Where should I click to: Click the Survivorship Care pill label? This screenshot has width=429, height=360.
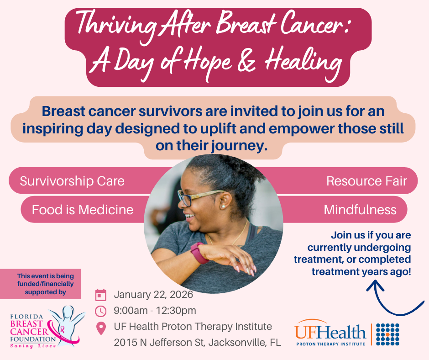[72, 181]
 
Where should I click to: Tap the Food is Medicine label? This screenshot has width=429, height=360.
[83, 210]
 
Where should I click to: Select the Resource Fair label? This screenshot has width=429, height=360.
[366, 181]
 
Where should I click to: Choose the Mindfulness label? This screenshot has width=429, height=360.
[360, 210]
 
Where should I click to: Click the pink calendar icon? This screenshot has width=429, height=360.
[101, 295]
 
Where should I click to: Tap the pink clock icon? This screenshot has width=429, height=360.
[101, 311]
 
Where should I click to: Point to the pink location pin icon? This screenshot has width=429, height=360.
[101, 328]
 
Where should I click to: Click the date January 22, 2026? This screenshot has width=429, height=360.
[153, 295]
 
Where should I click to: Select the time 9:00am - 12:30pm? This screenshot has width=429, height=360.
[155, 311]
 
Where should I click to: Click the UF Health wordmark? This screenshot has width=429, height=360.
[330, 332]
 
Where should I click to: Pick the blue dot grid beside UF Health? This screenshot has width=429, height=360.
[388, 334]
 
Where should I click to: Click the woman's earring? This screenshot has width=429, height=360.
[224, 206]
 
